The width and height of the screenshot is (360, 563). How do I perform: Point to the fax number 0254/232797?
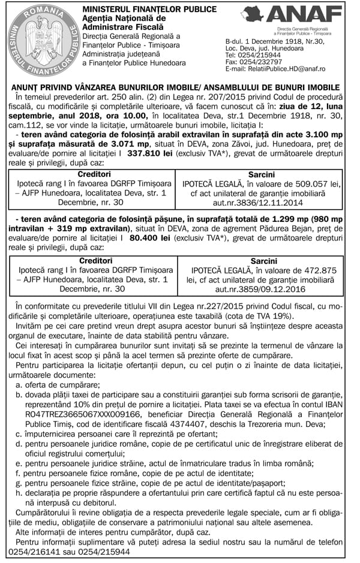coord(257,61)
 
